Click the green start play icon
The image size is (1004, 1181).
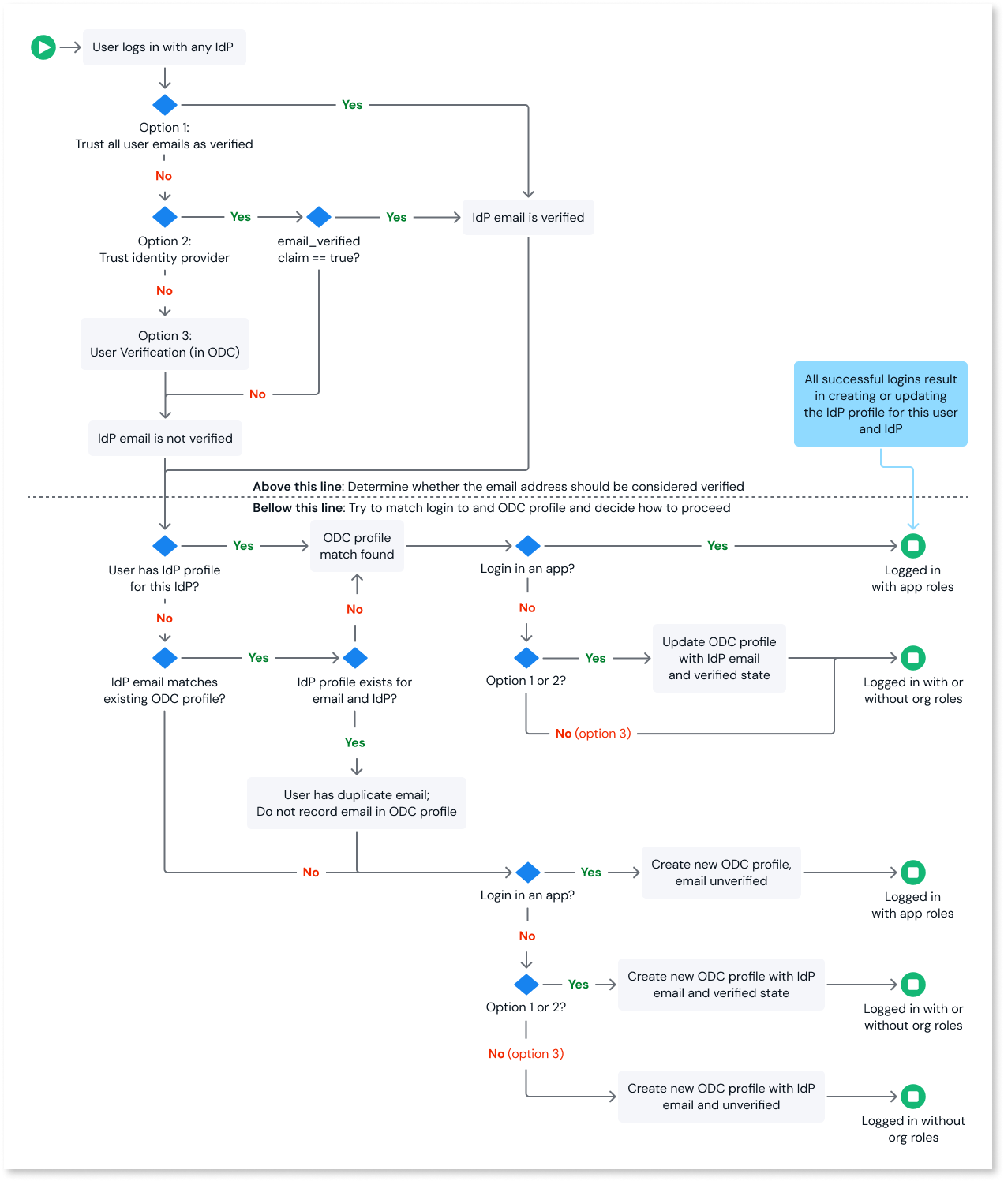[x=43, y=47]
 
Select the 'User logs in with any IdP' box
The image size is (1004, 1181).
[x=164, y=47]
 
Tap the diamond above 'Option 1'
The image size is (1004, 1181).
[x=165, y=105]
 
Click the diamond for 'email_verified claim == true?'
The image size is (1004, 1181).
[x=319, y=217]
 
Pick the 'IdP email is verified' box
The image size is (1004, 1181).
[x=528, y=218]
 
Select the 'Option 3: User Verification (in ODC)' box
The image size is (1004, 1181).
[x=165, y=344]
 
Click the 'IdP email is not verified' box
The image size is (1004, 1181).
[x=165, y=439]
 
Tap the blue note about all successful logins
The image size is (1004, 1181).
[x=880, y=404]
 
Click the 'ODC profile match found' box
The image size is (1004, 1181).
[x=357, y=546]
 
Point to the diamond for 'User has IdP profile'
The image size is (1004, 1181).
[x=165, y=546]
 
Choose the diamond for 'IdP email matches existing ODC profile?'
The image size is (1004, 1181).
[x=165, y=658]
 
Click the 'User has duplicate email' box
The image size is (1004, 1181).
[x=357, y=803]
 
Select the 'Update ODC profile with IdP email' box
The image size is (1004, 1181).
[x=719, y=658]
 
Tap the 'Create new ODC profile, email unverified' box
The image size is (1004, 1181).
[x=721, y=873]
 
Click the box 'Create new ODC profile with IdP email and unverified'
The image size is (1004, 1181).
[x=721, y=1097]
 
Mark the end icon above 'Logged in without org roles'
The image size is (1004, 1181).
[x=913, y=1097]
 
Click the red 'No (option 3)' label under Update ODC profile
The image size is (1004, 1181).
[x=593, y=734]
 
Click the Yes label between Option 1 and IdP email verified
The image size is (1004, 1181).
[x=352, y=105]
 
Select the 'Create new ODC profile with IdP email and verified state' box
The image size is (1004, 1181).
[x=721, y=985]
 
